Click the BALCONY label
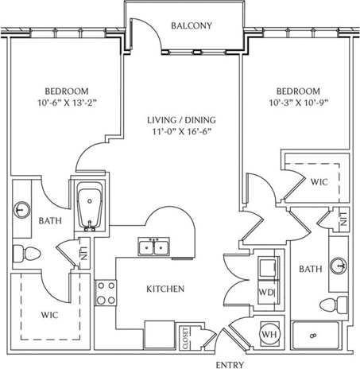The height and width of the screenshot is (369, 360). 192,25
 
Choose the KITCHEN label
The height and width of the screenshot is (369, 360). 167,288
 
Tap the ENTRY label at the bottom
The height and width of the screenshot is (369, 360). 232,364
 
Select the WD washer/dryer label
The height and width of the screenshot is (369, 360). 266,291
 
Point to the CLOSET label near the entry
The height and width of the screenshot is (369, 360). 186,338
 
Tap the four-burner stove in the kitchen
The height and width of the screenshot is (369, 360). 103,293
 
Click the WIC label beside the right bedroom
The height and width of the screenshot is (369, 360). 319,182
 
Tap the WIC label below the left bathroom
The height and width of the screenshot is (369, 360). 50,315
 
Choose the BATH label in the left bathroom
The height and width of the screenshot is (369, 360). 50,222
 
